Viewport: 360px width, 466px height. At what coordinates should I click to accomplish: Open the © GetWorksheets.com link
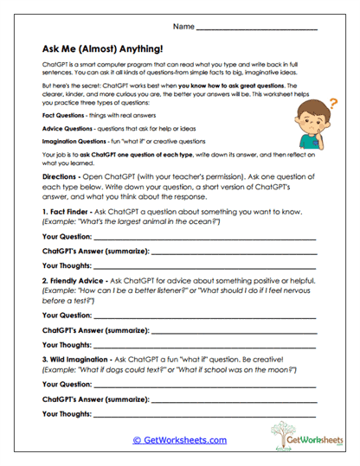180,440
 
